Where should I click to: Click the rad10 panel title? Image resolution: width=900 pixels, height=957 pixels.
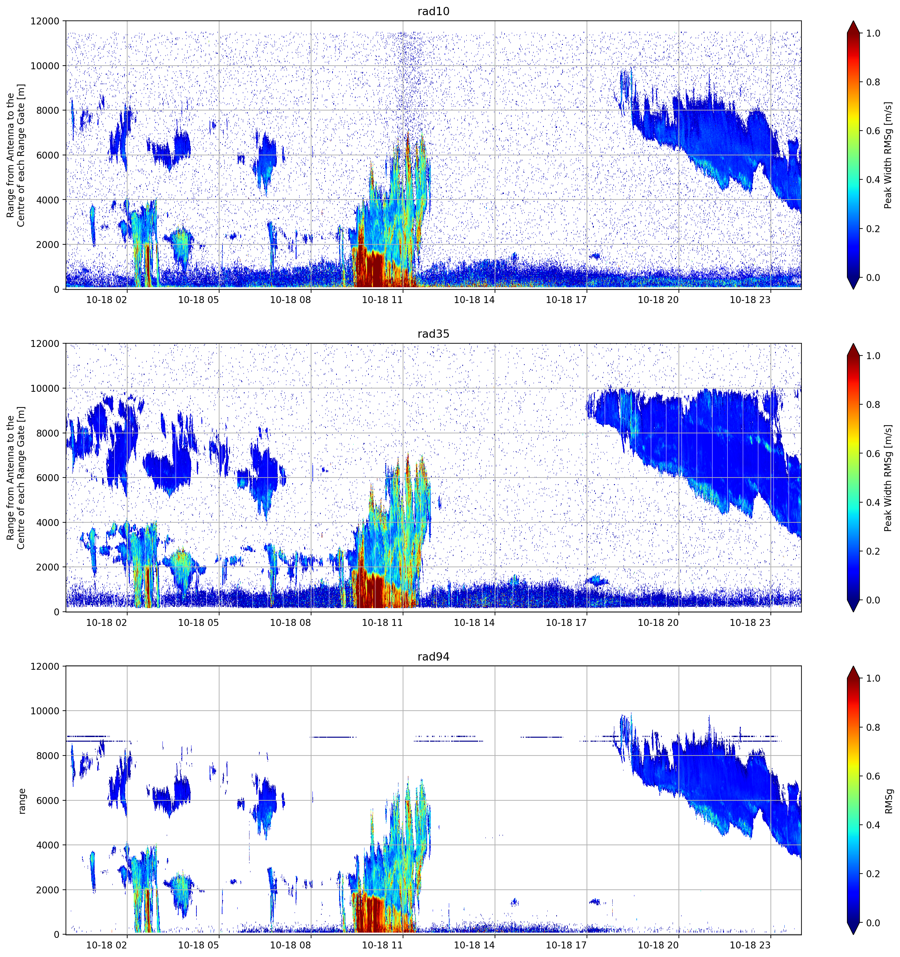(433, 11)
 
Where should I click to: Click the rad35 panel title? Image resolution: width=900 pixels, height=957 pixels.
(433, 334)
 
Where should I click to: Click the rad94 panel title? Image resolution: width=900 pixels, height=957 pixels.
(433, 657)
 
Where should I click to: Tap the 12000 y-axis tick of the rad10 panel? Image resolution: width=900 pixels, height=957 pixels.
(45, 21)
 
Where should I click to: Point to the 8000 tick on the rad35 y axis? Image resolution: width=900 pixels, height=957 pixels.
(48, 433)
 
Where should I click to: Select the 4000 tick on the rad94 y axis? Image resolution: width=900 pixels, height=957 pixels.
(48, 845)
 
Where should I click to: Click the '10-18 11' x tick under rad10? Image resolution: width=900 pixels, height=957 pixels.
(382, 300)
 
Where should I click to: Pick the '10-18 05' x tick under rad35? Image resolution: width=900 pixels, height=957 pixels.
(198, 622)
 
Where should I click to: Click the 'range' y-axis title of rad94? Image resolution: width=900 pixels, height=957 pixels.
(22, 801)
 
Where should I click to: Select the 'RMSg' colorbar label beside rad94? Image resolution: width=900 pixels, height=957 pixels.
(888, 801)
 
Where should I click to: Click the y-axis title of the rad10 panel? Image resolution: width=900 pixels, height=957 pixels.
(15, 155)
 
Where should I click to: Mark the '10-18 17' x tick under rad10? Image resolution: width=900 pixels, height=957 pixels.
(566, 300)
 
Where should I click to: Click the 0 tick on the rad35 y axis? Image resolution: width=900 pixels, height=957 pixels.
(57, 612)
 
